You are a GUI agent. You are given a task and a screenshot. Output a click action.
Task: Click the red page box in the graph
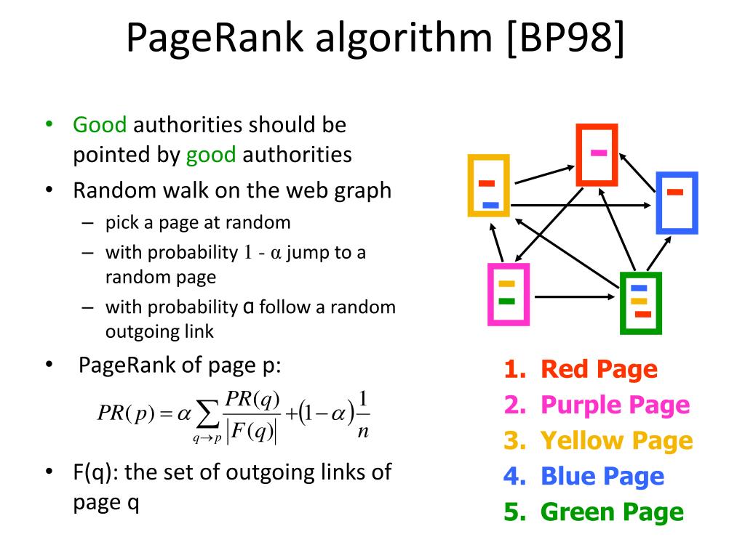[597, 153]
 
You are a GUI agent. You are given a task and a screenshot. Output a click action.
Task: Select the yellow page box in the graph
[488, 186]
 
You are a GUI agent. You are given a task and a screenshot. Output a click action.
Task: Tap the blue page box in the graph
[677, 203]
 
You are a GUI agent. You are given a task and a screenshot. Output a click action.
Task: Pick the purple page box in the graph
[508, 294]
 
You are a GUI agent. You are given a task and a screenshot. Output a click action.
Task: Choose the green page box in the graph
[640, 303]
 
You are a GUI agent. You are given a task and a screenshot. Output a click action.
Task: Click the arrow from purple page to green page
[575, 296]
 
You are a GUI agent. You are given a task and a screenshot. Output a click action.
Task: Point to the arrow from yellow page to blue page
[582, 206]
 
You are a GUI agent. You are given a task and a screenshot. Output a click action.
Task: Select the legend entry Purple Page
[597, 405]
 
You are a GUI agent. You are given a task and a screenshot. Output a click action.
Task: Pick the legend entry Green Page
[594, 511]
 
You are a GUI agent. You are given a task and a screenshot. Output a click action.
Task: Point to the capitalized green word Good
[100, 125]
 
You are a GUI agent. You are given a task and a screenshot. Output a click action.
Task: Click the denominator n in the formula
[364, 431]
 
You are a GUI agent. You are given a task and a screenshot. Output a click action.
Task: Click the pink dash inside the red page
[599, 153]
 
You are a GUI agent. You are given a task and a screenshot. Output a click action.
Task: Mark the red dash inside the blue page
[675, 193]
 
